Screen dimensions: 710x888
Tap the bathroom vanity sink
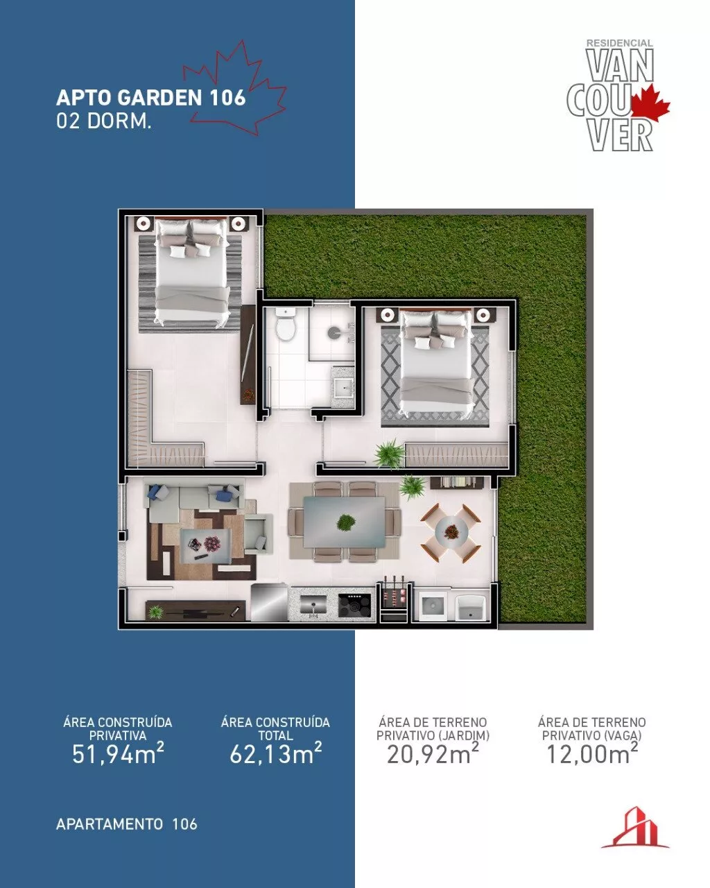pos(343,386)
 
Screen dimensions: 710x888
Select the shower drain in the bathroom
pos(334,332)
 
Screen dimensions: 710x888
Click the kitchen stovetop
pos(354,606)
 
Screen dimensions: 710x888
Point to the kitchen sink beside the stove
pos(313,606)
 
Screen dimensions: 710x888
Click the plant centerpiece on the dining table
pos(346,523)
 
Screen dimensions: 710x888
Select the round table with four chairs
pos(451,532)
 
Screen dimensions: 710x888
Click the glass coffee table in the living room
pos(205,545)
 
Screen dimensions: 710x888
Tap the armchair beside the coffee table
pos(258,533)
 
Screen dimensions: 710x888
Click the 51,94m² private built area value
pos(118,753)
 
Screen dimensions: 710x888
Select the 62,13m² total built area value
pos(275,753)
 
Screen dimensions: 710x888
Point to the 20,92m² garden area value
pos(433,753)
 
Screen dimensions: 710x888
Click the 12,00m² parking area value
pos(591,753)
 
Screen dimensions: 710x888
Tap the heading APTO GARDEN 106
pos(151,98)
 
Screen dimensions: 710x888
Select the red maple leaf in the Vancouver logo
pos(650,103)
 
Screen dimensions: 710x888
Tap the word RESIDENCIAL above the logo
pos(620,43)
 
